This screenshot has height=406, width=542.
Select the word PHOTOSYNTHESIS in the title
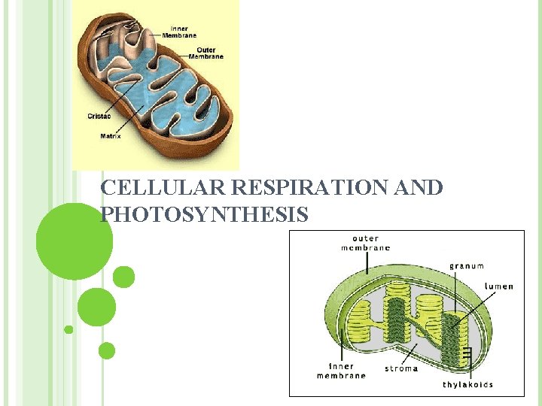click(204, 215)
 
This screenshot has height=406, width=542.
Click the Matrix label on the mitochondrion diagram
click(110, 136)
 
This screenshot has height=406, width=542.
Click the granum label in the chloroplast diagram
click(467, 265)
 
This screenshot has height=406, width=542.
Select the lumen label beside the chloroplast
click(499, 286)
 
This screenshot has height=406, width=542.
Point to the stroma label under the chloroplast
click(401, 368)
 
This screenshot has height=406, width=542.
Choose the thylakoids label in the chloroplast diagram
click(468, 384)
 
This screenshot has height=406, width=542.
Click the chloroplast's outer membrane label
click(366, 243)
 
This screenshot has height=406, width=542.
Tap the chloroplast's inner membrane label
click(341, 371)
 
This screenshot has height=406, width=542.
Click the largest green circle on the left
click(75, 241)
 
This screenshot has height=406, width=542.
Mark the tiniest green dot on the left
click(69, 329)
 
